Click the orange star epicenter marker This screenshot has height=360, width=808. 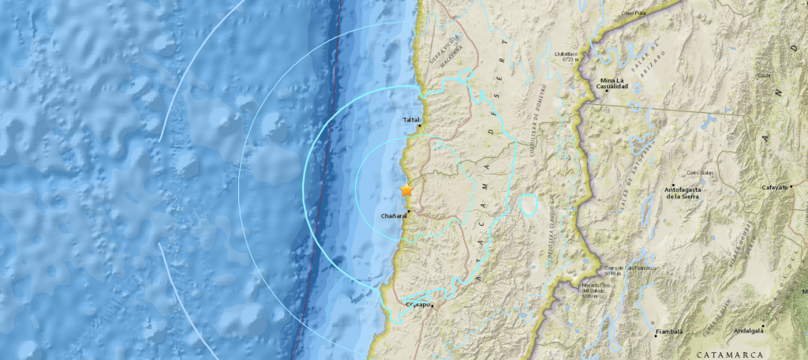406,190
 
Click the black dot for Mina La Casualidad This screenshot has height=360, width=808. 606,91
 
